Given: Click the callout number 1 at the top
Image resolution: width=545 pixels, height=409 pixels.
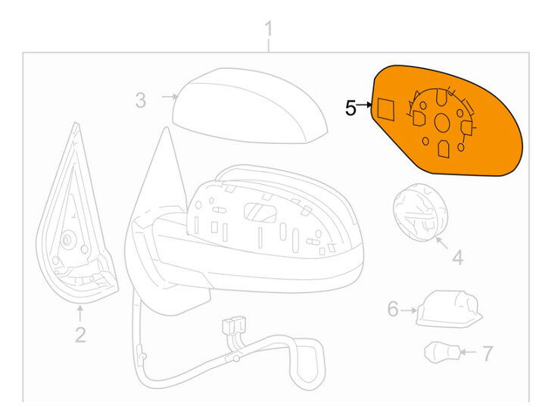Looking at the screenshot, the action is coord(268,29).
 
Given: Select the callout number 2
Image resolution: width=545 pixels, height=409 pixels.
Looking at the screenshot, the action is coord(80,335).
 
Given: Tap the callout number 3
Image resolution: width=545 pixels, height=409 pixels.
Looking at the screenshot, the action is coord(141,100).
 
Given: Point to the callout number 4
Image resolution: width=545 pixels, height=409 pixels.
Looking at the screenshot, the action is coord(458,258).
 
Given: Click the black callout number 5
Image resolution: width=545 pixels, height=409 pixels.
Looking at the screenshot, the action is coord(350,108).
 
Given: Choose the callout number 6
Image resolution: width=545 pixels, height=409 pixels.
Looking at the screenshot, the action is coord(393,309).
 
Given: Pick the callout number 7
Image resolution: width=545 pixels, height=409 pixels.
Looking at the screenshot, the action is coord(488,354).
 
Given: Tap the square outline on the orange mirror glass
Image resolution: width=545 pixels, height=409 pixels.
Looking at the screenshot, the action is coord(386,109).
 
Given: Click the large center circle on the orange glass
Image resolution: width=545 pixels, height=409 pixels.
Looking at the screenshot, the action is coord(442,123).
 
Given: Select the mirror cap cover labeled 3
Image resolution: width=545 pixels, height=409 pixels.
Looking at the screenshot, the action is coord(250,105).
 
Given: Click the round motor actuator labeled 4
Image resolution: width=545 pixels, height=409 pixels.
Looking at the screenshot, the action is coord(421,212).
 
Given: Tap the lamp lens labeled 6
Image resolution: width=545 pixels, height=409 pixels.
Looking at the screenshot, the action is coord(449,309).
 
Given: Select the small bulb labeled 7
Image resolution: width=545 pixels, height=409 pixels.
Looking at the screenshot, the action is coord(442,352).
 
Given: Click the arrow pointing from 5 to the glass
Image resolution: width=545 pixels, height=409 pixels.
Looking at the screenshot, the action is coord(364,104).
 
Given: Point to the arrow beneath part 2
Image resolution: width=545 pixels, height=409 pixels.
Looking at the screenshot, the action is coord(80,314).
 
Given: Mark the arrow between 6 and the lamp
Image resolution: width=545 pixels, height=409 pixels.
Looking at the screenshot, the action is coord(409,310).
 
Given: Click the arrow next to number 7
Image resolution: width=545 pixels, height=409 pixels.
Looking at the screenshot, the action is coord(469,352).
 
